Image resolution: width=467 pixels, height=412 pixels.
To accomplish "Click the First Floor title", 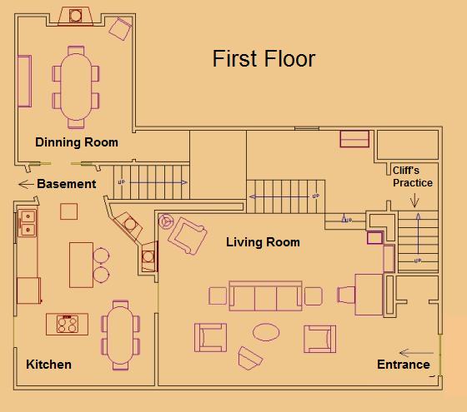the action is (x=264, y=58).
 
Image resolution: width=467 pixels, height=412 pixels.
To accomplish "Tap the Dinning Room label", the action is (x=77, y=142).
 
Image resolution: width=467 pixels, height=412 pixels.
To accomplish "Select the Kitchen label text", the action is (x=48, y=365).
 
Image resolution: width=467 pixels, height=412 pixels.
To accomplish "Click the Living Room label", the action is (x=263, y=242).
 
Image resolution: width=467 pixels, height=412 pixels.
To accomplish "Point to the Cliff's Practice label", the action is (x=413, y=176).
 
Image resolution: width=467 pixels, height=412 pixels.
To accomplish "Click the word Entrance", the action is (x=404, y=365).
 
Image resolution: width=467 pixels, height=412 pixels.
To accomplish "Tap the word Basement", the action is (x=67, y=184).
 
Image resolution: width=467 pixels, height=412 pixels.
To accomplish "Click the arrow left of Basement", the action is (x=26, y=184).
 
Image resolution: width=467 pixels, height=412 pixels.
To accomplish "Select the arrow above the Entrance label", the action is (x=416, y=353).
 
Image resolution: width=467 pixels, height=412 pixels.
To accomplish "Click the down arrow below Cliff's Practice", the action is (x=414, y=201).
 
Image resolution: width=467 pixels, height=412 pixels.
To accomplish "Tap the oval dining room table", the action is (x=76, y=87).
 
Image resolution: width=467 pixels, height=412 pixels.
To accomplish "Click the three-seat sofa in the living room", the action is (x=265, y=295).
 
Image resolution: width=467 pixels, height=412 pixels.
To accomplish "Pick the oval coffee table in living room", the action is (x=266, y=332).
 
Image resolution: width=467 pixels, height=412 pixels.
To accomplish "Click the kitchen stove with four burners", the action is (x=68, y=324).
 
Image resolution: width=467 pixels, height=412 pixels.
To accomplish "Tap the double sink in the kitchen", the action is (x=28, y=223).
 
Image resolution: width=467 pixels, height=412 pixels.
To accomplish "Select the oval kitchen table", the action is (x=120, y=335).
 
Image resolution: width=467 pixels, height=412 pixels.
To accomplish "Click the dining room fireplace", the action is (x=75, y=16).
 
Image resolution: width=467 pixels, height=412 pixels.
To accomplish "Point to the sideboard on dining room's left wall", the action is (x=25, y=81).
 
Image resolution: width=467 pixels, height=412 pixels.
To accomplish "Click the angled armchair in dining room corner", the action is (x=120, y=29).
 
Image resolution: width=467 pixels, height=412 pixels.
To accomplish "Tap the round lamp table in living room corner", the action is (x=166, y=221).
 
